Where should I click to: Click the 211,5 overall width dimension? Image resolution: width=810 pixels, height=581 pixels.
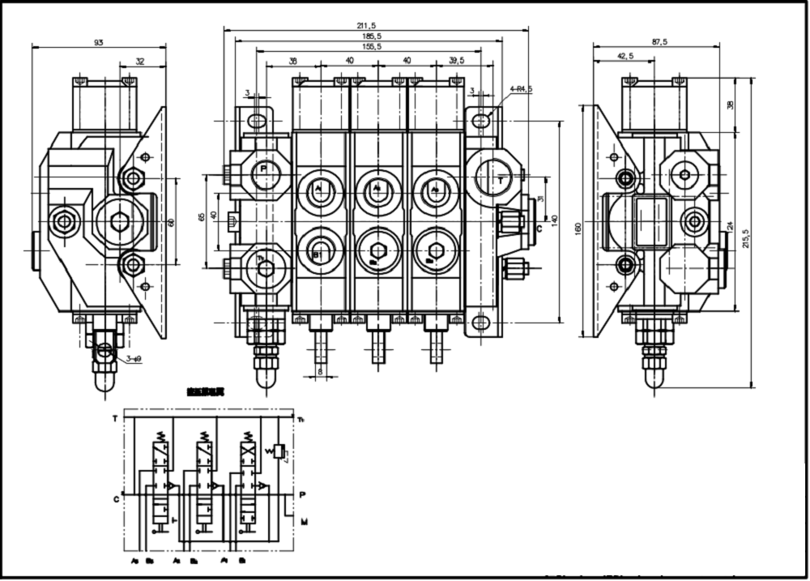375,25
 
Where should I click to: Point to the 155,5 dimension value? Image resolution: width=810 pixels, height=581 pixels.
373,47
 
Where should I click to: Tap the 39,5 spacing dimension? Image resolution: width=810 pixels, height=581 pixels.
458,60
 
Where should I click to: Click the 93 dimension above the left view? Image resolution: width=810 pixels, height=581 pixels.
99,42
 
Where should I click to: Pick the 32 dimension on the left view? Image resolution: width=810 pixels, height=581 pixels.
139,60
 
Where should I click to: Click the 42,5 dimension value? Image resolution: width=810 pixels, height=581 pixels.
625,56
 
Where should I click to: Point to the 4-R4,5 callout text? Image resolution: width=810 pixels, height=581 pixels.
521,89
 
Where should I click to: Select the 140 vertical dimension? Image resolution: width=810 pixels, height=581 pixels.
555,220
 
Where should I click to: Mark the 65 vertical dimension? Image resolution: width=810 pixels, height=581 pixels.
202,217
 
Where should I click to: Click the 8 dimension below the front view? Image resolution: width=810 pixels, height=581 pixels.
320,372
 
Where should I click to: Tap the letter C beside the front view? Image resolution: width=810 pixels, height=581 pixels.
539,229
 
